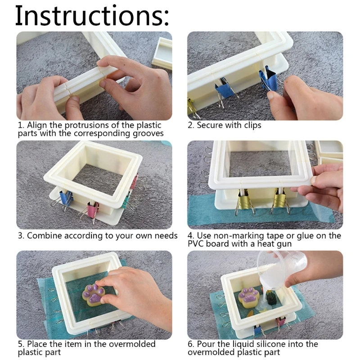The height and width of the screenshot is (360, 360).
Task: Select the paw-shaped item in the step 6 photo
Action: (x=248, y=298)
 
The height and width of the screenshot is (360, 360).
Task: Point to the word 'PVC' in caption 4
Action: (x=196, y=244)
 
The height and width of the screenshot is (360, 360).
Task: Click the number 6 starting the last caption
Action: (x=190, y=344)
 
